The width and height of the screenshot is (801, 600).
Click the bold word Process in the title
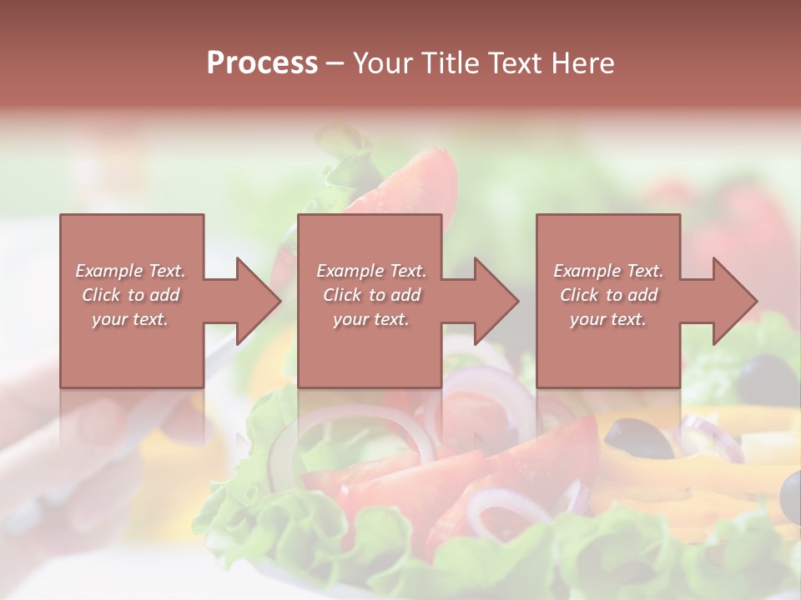[262, 63]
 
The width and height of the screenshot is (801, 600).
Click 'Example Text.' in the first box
[130, 271]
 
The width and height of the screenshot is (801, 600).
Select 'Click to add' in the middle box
[371, 295]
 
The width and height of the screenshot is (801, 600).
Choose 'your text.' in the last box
[608, 319]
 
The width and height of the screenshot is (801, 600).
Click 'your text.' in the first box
[130, 319]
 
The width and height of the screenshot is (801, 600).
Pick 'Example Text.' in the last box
[608, 271]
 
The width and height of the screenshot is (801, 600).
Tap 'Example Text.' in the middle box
[371, 271]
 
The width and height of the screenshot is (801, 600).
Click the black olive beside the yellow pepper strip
[637, 437]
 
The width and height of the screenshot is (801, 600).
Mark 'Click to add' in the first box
[130, 295]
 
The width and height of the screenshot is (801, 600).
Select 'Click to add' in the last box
[608, 295]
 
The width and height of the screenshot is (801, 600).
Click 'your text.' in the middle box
[371, 319]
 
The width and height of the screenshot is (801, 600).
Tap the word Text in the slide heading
[511, 63]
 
